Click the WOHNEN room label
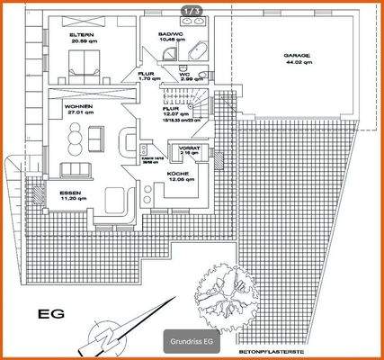76,106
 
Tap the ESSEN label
71,193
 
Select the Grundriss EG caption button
191,342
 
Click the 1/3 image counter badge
192,10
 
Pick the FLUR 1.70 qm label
147,78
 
